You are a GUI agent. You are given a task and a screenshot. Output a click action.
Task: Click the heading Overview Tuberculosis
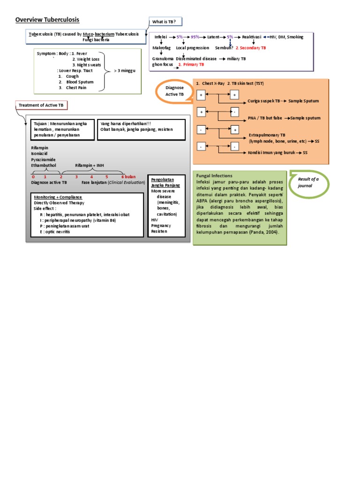click(47, 20)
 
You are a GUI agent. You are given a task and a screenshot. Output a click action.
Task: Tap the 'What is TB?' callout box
click(165, 22)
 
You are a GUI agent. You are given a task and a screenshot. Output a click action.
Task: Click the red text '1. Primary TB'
click(191, 65)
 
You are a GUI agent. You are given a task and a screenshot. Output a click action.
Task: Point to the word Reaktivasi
click(252, 37)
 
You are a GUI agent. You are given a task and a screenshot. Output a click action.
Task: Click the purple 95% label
click(195, 37)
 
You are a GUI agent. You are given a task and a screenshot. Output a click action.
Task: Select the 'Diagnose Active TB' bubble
click(174, 91)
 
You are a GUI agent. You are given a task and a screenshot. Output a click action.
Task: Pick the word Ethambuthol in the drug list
click(44, 165)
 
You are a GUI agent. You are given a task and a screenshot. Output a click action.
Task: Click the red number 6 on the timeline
click(123, 177)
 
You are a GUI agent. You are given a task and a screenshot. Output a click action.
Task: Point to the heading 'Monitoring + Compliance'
click(58, 197)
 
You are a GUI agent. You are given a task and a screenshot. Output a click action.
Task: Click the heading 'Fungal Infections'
click(214, 175)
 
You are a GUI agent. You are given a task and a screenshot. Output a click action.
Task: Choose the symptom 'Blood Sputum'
click(80, 82)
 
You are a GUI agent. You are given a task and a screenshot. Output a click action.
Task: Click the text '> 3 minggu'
click(125, 71)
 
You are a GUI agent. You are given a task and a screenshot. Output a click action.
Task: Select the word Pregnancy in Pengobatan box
click(161, 225)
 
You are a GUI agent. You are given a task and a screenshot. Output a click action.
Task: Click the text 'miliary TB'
click(236, 59)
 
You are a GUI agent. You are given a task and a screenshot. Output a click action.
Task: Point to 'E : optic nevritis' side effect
click(60, 231)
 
